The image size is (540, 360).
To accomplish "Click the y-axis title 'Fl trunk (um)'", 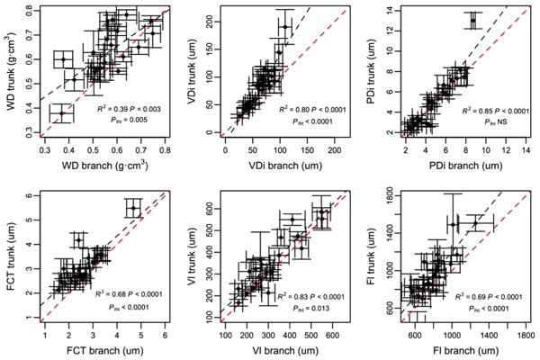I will coord(372,253).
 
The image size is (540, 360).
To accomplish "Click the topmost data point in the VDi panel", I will coord(285,27).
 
